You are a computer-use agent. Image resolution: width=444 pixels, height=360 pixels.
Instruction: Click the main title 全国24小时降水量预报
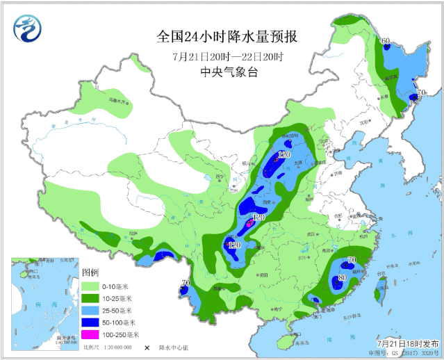223,36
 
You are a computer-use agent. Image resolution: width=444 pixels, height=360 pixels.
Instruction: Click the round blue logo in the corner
27,28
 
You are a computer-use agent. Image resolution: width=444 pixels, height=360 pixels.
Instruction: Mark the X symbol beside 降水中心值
147,347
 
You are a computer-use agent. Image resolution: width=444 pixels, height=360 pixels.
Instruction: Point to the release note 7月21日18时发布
408,343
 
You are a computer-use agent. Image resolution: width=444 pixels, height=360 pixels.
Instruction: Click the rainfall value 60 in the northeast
386,40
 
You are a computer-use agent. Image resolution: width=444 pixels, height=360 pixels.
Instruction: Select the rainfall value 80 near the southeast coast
341,279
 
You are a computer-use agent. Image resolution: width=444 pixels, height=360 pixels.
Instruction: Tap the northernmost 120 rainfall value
283,154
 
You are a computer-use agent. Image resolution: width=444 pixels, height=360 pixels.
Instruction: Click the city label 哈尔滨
391,79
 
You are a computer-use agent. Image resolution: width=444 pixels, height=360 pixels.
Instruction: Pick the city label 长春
382,97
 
